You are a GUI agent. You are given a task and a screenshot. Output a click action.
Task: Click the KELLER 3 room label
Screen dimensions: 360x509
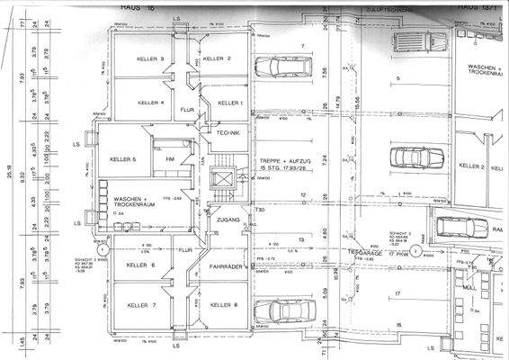pos(150,59)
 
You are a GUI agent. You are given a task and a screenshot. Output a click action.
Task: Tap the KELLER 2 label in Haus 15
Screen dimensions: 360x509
pos(218,58)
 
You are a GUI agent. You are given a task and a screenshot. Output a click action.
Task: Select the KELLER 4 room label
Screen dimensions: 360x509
pos(150,103)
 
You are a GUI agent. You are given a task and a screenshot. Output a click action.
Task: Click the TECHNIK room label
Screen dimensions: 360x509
pos(228,132)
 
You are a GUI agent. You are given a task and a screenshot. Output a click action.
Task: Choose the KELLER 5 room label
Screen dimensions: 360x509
pos(122,159)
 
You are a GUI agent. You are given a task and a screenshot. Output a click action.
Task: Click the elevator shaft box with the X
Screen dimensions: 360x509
pos(220,177)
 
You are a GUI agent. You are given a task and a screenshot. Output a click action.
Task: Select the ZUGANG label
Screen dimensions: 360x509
pos(226,219)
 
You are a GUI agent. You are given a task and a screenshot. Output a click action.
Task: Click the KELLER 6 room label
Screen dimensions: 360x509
pos(141,265)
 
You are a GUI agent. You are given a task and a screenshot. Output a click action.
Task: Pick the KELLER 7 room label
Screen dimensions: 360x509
pos(141,305)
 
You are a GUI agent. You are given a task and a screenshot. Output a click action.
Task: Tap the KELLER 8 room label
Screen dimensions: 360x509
pos(224,305)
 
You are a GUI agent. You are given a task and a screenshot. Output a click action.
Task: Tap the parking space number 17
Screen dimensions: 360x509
pos(396,294)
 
